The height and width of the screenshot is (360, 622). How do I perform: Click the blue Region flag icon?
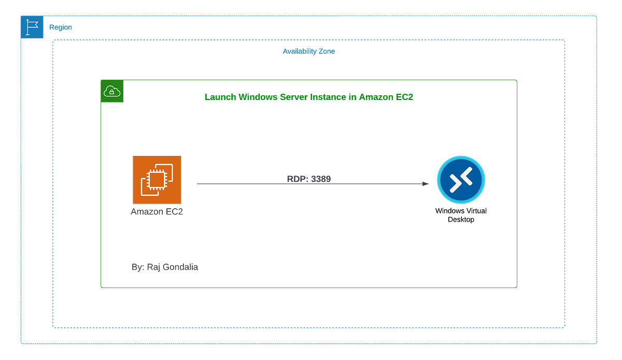(x=33, y=27)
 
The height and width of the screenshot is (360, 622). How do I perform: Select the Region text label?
(x=61, y=27)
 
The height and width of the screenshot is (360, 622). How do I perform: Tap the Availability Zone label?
(x=309, y=51)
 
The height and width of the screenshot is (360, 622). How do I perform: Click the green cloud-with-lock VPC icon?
(x=112, y=92)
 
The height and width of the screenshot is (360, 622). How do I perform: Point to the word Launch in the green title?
(x=218, y=97)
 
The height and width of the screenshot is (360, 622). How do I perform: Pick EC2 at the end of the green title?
(x=404, y=97)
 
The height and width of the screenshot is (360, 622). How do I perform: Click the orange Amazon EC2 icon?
(x=157, y=179)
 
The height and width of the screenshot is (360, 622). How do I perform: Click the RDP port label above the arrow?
(x=309, y=178)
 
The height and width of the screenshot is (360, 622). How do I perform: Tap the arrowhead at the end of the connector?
(x=426, y=184)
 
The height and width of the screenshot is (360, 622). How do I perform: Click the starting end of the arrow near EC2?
(x=198, y=184)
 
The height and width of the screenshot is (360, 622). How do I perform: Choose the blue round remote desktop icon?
(x=461, y=180)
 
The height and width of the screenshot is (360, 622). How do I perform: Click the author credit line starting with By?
(x=165, y=267)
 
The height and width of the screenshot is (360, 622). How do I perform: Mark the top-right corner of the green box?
(x=517, y=80)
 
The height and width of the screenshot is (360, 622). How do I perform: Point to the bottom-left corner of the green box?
(x=101, y=287)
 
